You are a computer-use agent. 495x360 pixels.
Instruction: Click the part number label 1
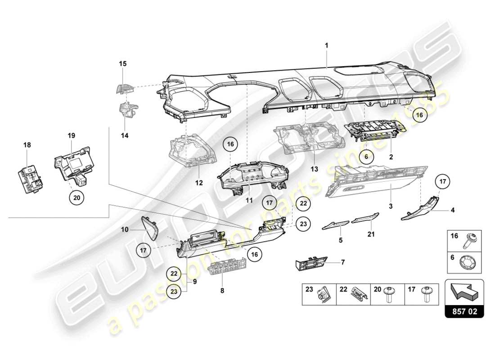coord(327,45)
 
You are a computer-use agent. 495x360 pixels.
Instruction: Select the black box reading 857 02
coord(464,310)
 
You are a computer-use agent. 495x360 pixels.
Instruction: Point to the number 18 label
coord(27,144)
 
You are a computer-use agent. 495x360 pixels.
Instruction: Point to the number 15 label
coord(122,63)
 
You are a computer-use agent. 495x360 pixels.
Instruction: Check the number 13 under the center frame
coord(314,169)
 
